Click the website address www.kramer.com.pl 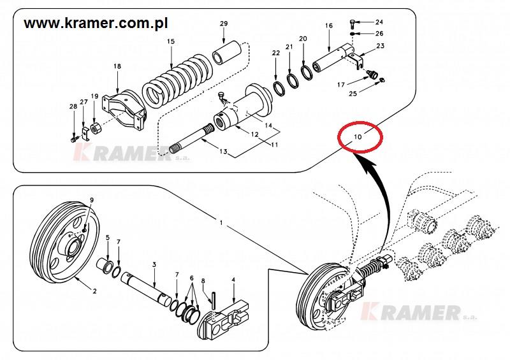96,24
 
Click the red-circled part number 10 357,136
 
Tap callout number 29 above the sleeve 224,24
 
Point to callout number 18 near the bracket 117,66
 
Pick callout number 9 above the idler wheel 92,201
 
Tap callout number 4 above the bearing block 233,280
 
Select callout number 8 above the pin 203,280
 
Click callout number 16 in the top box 329,25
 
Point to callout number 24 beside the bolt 379,22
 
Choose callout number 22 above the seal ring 275,54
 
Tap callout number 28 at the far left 72,106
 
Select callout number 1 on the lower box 220,224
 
